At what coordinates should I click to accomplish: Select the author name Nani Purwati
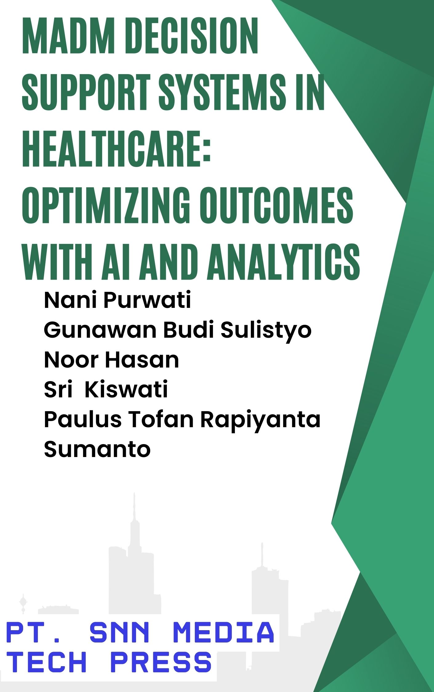click(x=117, y=300)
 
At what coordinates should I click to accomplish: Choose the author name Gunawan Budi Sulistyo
click(x=178, y=330)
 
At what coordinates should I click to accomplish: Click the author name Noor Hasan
click(x=111, y=360)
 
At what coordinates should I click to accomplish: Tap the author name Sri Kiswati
click(x=106, y=389)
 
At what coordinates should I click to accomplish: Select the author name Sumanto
click(x=97, y=449)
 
